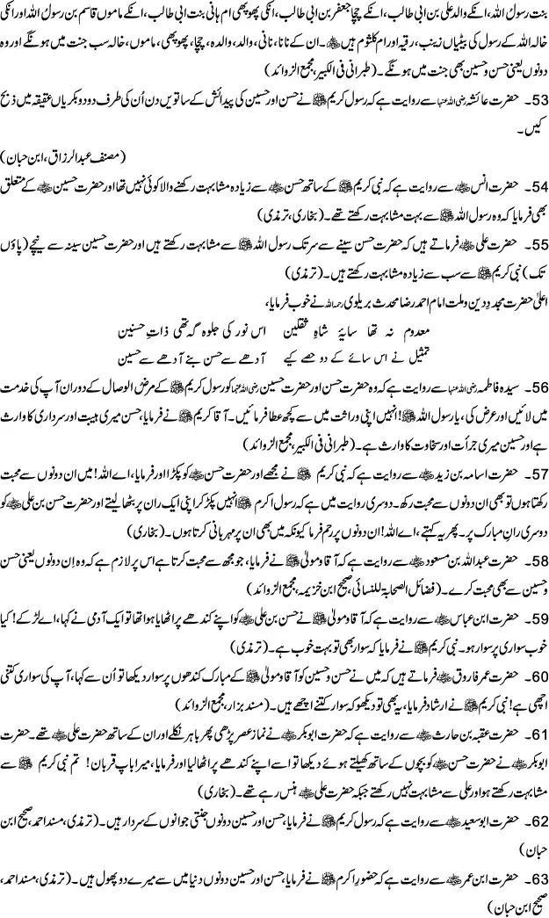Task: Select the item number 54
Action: tap(529, 188)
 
